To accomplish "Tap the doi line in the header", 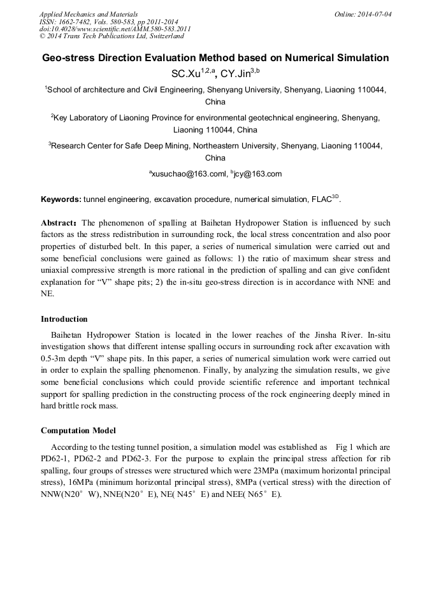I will click(115, 29).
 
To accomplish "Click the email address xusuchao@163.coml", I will click(188, 174).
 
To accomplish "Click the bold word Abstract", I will click(59, 224).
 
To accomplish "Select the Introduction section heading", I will click(64, 319).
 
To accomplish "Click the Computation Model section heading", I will click(78, 431).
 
